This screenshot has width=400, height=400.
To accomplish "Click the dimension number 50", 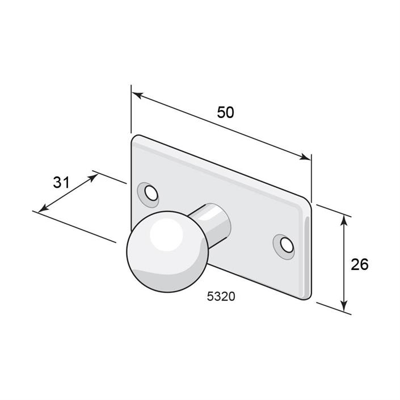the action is tap(225, 112).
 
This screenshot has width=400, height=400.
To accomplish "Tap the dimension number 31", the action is tap(61, 183).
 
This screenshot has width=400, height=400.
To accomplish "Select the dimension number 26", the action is tap(360, 264).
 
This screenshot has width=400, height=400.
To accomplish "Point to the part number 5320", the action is tap(221, 296).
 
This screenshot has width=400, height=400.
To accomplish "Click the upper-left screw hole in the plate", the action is tap(151, 193).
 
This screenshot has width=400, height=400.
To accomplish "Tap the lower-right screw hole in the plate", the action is tap(287, 245).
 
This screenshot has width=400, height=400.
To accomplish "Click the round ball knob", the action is tap(167, 252).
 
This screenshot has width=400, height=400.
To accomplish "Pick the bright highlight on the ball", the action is tap(166, 235).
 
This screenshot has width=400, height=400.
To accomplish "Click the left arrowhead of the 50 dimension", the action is tap(137, 95).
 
